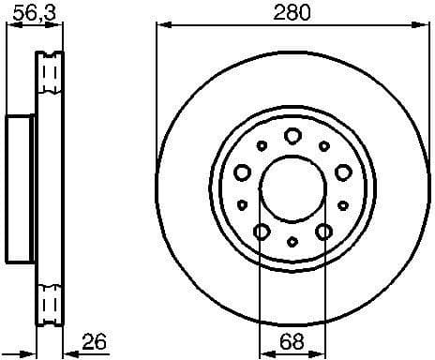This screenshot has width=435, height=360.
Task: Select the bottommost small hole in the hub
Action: coord(292,241)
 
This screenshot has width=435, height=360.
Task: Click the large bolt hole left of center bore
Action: coord(242,171)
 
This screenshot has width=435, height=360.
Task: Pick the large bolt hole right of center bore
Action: coord(342,171)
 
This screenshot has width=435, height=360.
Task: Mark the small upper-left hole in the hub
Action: coord(262,145)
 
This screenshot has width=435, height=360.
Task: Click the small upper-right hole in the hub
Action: coord(323,145)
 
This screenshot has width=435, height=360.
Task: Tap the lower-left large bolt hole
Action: coord(262,231)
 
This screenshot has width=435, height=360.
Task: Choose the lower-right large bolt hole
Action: coord(323,231)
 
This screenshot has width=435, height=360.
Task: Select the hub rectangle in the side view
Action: coord(21,187)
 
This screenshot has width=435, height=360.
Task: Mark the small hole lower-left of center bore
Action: coord(242,203)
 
